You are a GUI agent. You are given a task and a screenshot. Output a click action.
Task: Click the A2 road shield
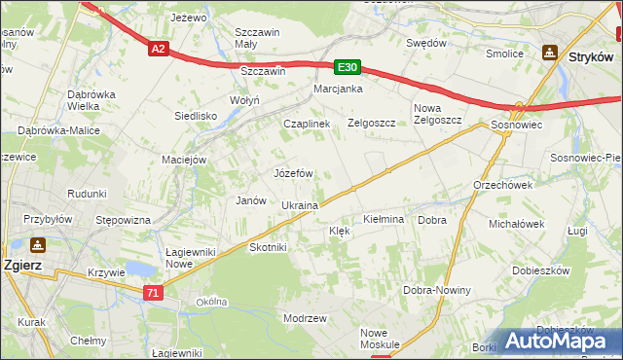click(x=158, y=47)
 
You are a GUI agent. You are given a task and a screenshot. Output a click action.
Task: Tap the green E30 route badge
click(x=348, y=67)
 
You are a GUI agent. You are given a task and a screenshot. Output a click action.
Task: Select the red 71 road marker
click(x=152, y=292)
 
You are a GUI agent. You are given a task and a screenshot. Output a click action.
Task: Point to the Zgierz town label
click(x=21, y=265)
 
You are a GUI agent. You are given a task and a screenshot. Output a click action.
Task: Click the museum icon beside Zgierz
click(x=38, y=245)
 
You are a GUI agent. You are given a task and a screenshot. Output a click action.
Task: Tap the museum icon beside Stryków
click(x=550, y=53)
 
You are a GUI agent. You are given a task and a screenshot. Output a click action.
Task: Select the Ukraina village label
click(x=300, y=206)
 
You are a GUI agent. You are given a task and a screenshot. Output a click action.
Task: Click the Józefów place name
click(x=293, y=173)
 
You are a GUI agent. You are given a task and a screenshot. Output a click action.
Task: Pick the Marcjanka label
click(x=338, y=90)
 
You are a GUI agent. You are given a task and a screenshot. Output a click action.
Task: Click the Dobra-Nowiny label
click(x=437, y=291)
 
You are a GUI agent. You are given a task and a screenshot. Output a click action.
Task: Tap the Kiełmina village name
click(x=383, y=220)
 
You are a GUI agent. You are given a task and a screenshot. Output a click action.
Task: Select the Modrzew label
click(x=304, y=318)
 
